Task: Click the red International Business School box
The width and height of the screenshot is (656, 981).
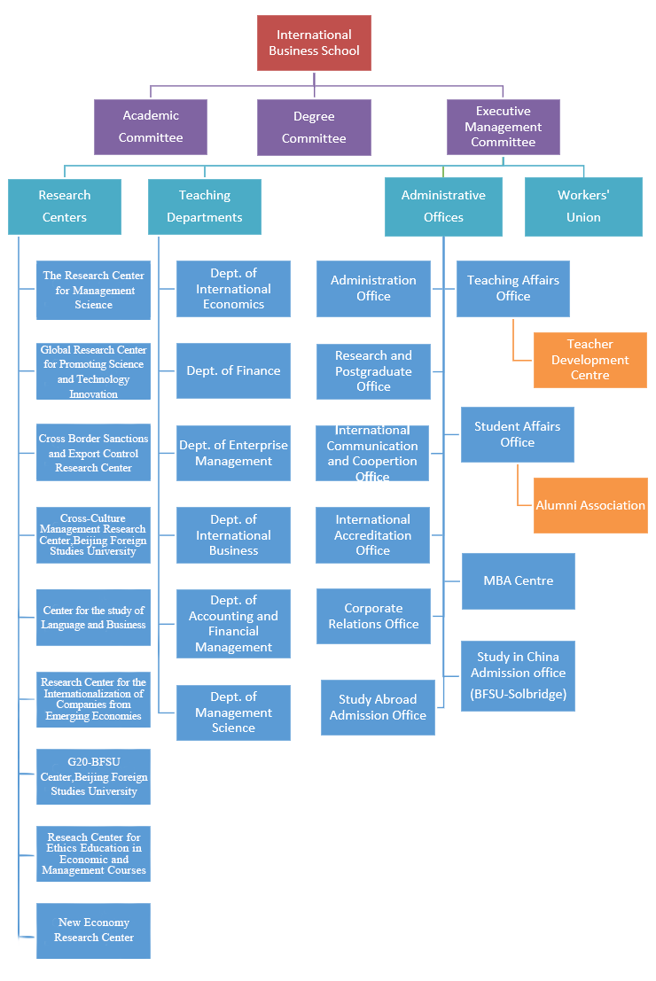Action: point(314,43)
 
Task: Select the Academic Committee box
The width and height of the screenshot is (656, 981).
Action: point(151,127)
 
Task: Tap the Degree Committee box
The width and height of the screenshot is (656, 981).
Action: point(314,127)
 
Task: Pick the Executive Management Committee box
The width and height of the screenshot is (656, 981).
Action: point(503,127)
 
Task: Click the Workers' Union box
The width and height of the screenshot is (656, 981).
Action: point(583,206)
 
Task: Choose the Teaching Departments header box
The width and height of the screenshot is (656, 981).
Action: point(204,206)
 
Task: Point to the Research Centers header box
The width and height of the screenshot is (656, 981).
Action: point(64,206)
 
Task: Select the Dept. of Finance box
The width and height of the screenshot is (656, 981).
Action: point(233,370)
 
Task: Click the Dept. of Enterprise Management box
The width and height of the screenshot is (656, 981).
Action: point(233,453)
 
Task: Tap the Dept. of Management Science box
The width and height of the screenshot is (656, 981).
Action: point(233,712)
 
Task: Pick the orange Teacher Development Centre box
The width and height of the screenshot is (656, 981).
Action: point(590,360)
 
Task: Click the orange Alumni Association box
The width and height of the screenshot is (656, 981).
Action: point(590,505)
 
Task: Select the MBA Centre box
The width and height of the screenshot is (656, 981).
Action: point(518,581)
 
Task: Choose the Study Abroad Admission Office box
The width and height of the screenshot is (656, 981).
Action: point(378,707)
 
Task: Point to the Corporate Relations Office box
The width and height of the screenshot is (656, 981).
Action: point(373,616)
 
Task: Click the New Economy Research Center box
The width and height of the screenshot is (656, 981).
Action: point(93,930)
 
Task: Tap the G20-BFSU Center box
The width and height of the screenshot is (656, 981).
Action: point(93,776)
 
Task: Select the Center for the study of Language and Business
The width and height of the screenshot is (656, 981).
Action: point(93,617)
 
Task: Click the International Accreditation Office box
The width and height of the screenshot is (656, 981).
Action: point(372,535)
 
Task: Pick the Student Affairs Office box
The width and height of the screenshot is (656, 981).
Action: point(517,434)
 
